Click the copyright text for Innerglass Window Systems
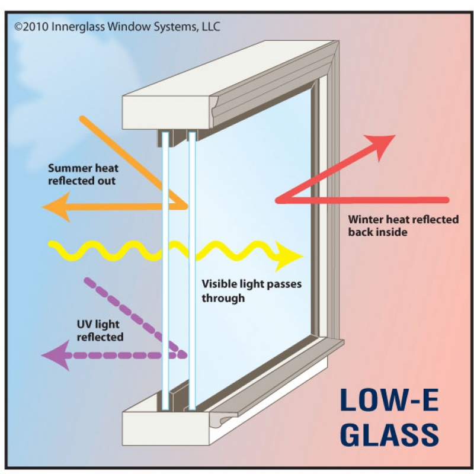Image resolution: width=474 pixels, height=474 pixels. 117,27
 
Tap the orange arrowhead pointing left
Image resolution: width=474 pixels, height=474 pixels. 55,207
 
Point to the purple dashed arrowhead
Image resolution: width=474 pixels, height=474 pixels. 52,355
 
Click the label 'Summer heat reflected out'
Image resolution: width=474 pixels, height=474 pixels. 82,175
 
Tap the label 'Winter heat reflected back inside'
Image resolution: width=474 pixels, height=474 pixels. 403,226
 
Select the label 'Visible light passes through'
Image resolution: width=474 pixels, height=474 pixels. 251,291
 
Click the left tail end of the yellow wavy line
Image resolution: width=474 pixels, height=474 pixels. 50,244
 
